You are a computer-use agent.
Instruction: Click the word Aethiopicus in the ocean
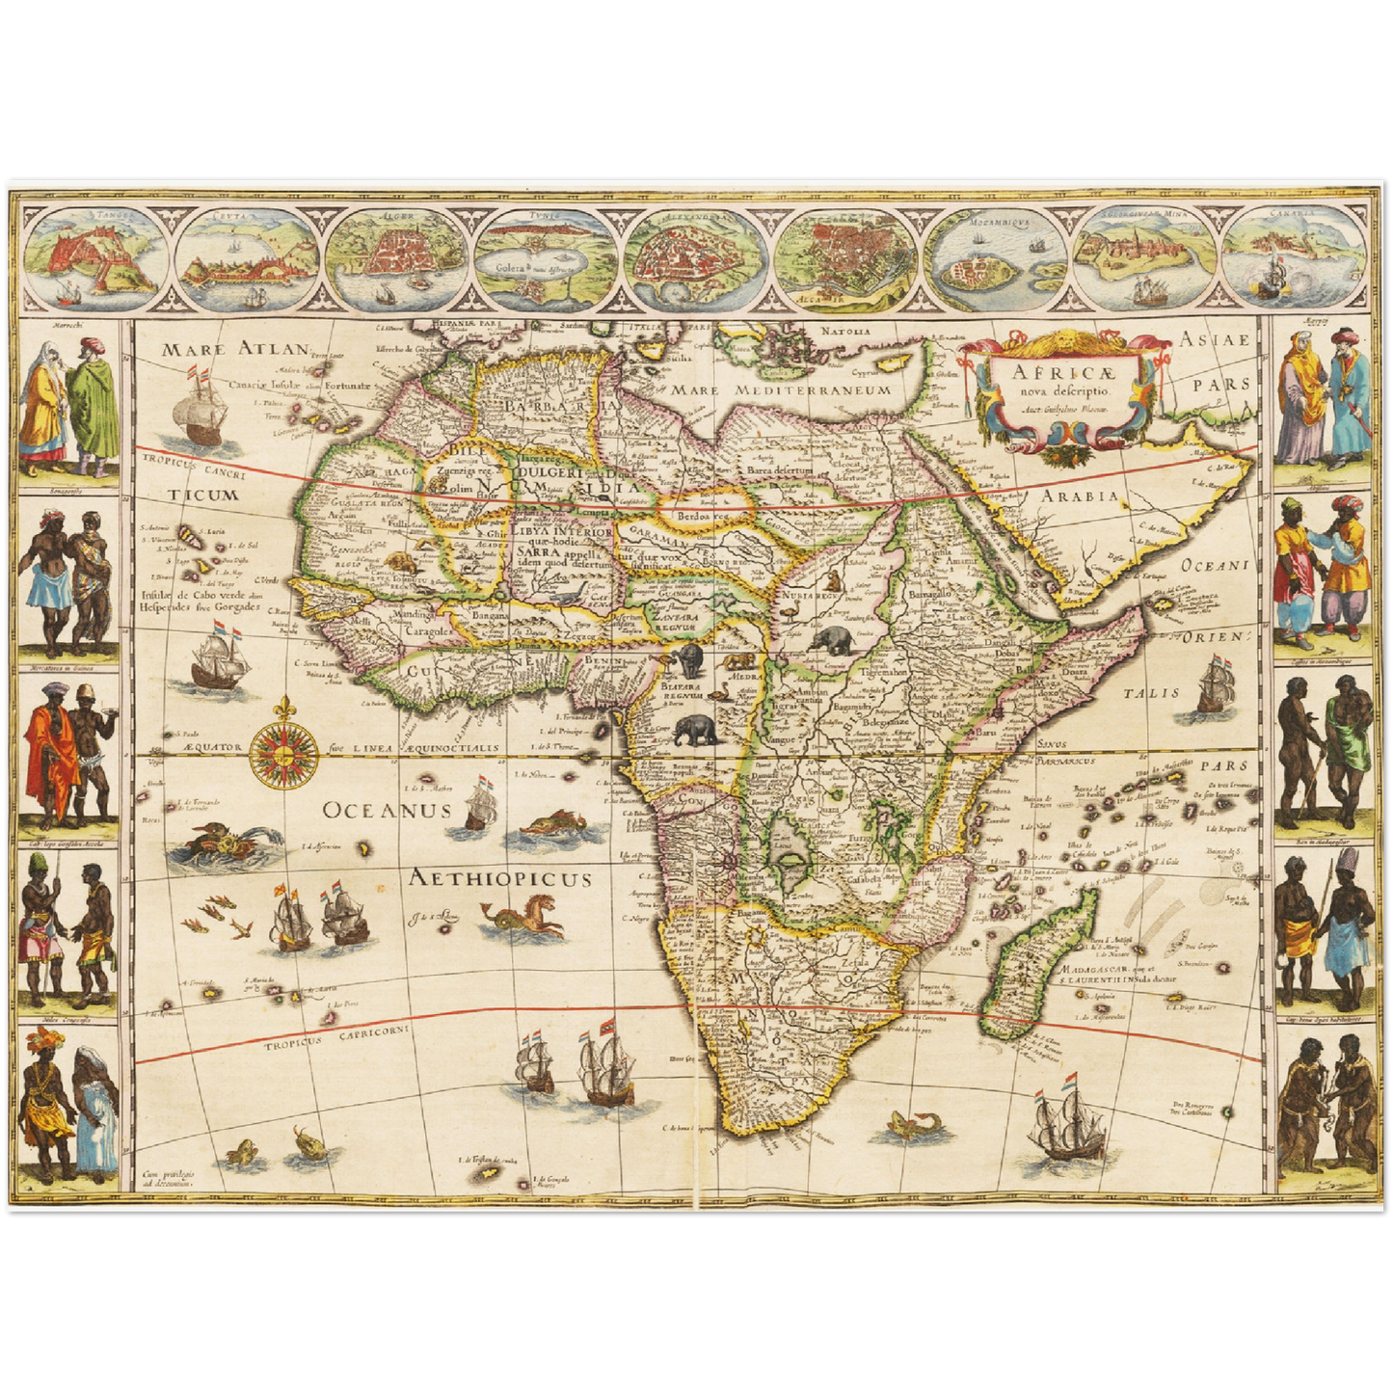pos(499,878)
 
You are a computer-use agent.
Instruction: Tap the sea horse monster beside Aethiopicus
pos(530,918)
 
